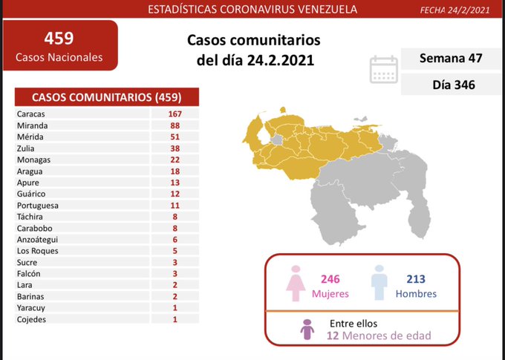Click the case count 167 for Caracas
(175, 114)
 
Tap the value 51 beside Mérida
(175, 137)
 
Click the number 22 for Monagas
(175, 160)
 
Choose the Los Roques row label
(35, 251)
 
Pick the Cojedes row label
(31, 319)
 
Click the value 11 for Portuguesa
(175, 205)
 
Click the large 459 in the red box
(59, 37)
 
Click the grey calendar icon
(384, 69)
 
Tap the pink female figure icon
(298, 283)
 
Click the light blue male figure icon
(379, 283)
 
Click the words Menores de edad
(387, 336)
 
